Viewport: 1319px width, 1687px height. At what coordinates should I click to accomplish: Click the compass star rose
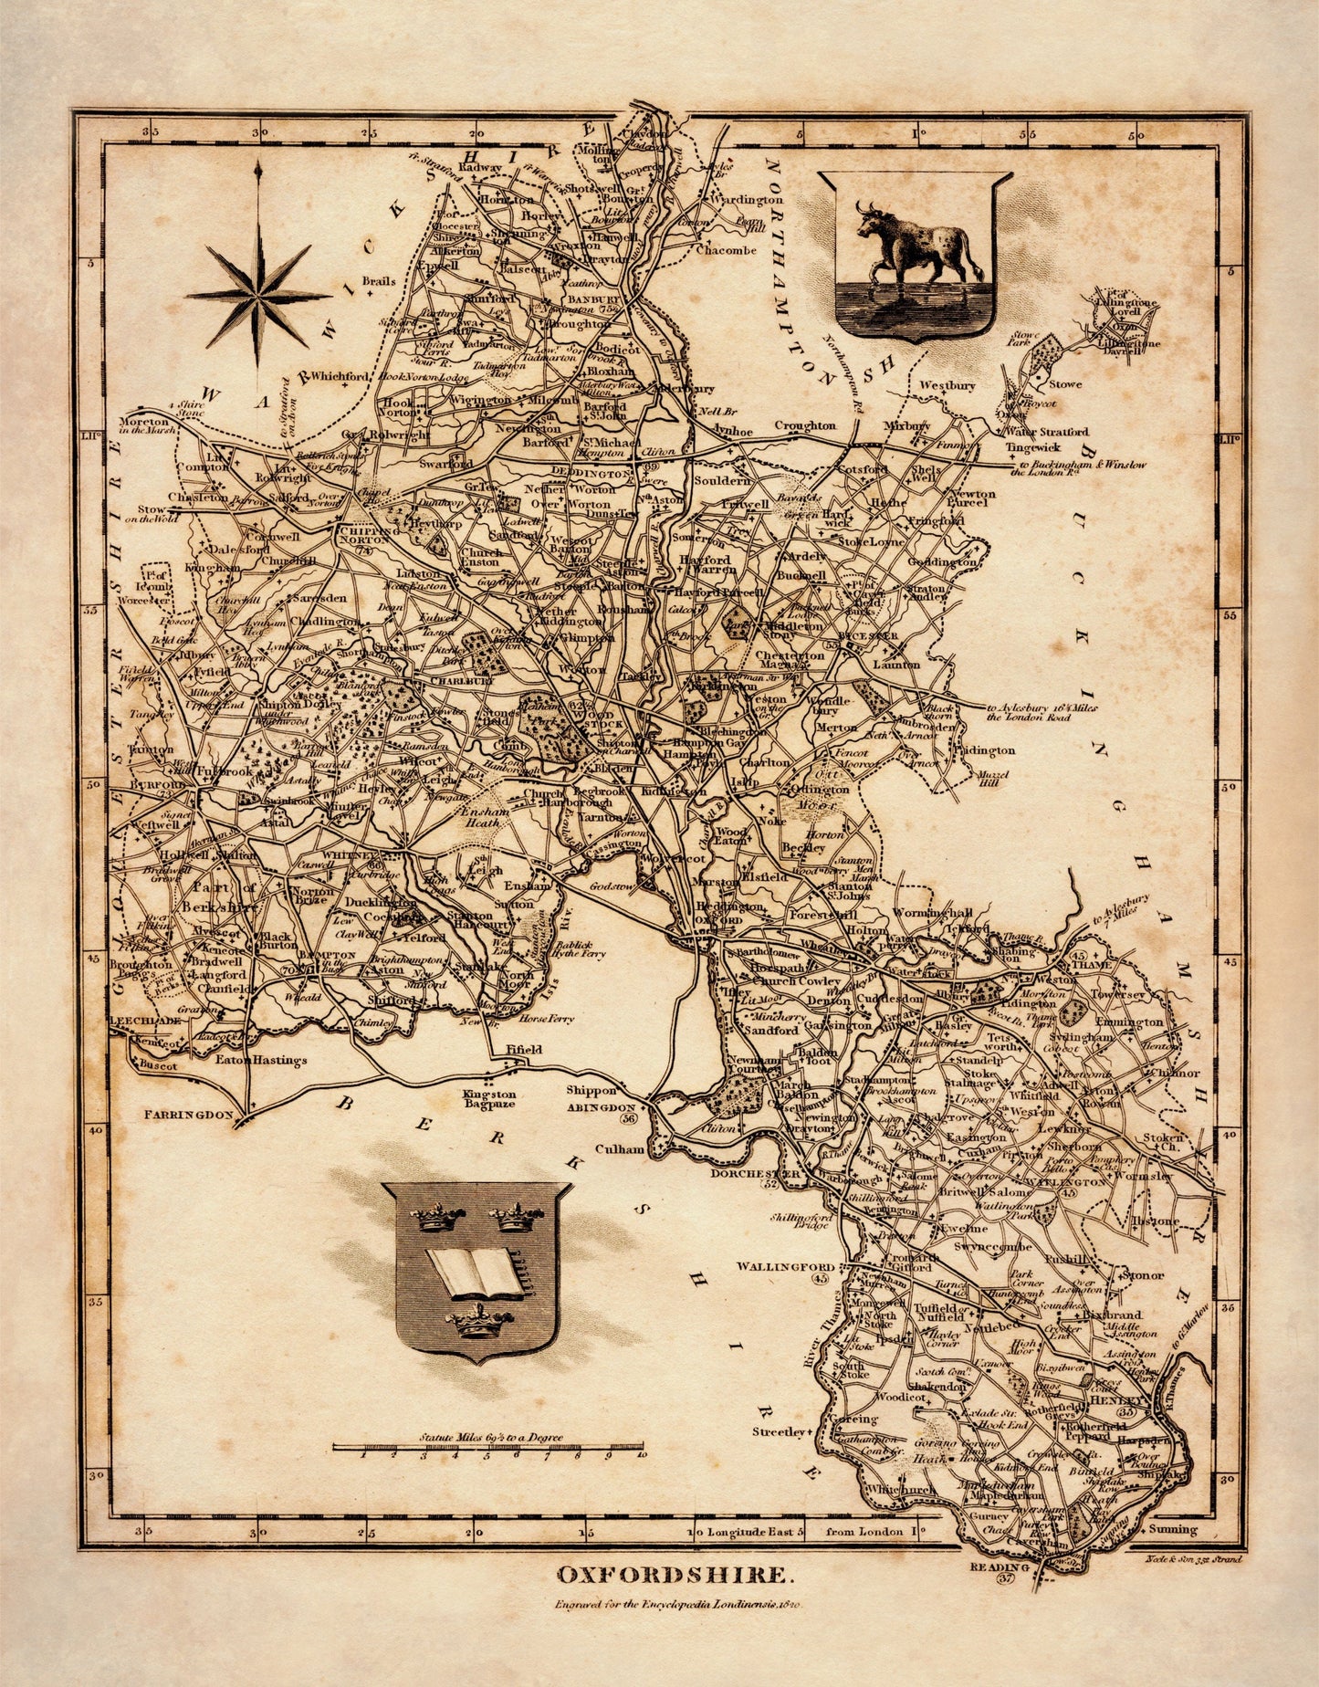click(x=259, y=294)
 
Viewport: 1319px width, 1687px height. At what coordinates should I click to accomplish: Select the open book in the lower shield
click(x=476, y=1273)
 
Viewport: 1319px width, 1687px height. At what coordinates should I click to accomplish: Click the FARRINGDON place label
click(x=191, y=1115)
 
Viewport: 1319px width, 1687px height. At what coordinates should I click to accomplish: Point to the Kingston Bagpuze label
click(x=488, y=1099)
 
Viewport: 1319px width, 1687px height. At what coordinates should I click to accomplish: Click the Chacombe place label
click(x=727, y=251)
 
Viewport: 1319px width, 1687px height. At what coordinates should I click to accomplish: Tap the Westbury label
click(x=947, y=386)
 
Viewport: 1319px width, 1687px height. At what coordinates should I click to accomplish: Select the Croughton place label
click(x=806, y=425)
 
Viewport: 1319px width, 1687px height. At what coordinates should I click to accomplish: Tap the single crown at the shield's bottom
click(x=476, y=1320)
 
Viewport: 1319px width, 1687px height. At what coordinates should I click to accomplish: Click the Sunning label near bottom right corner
click(x=1172, y=1529)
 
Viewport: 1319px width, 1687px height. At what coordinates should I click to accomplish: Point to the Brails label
click(x=378, y=281)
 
